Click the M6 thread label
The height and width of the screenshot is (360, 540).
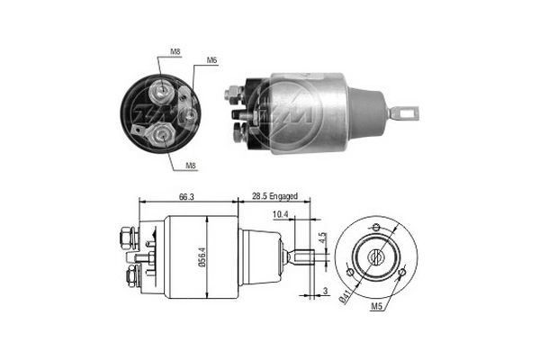211,60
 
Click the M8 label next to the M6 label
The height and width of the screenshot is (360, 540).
177,52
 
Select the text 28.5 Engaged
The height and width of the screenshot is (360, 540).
275,195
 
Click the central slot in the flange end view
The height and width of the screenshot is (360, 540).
377,256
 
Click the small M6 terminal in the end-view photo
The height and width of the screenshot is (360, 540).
190,114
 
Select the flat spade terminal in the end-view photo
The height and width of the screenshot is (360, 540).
137,130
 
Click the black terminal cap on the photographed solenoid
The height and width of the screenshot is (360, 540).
252,110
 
